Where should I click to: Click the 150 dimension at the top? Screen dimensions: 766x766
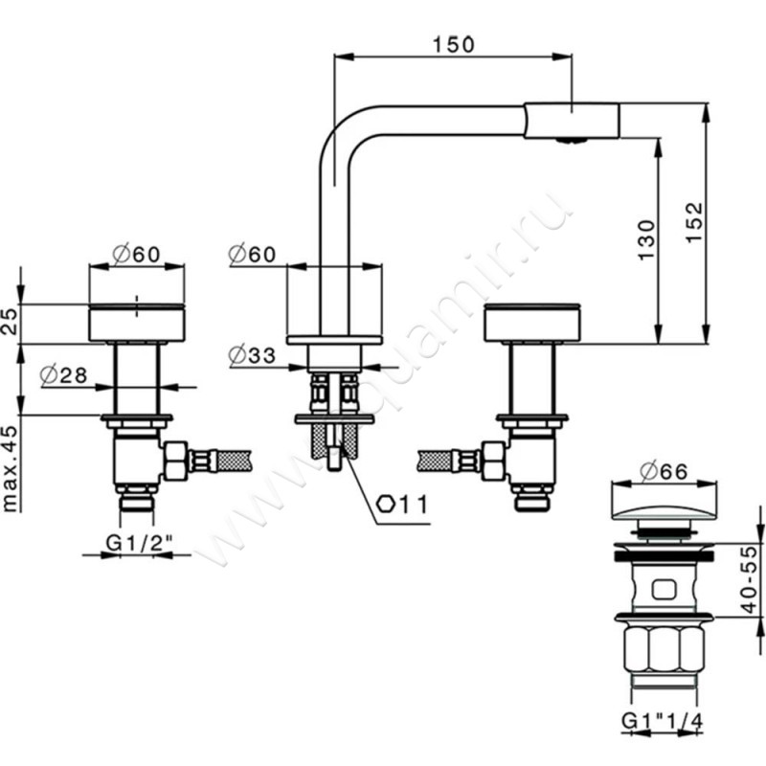[453, 43]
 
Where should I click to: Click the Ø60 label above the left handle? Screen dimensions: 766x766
[135, 254]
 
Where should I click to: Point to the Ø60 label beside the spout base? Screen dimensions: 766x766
[253, 254]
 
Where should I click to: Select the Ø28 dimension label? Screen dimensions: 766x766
[64, 375]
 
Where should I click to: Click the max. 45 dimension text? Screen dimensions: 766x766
[11, 463]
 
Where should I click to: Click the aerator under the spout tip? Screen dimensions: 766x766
[572, 141]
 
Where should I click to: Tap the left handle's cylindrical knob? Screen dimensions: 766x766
[136, 323]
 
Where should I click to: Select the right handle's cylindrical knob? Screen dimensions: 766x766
[531, 323]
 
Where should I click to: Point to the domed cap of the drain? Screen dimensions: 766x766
[663, 503]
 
